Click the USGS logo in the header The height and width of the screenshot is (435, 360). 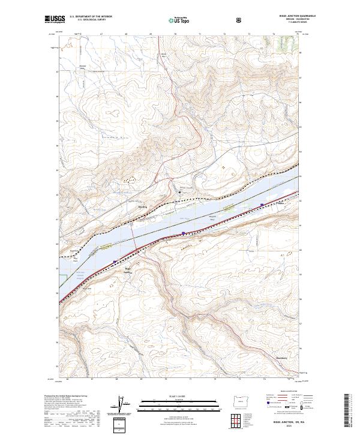coord(55,19)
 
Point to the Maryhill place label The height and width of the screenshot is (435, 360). coord(142,207)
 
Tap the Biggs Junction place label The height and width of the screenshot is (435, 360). coord(127,269)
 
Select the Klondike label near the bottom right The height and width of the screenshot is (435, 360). coord(282,358)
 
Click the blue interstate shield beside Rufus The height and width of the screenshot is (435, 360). coord(262,205)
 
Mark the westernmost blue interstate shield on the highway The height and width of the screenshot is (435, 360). coord(115,261)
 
